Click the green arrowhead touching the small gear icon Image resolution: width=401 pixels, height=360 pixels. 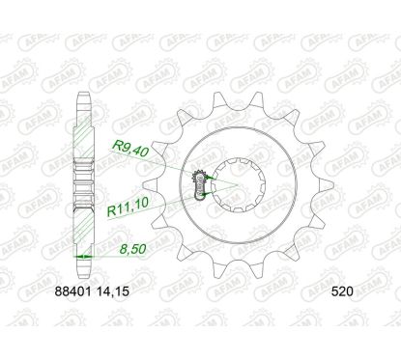(205, 178)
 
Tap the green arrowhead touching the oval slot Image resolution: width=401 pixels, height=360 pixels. (206, 197)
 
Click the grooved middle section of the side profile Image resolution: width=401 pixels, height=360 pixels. (86, 183)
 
